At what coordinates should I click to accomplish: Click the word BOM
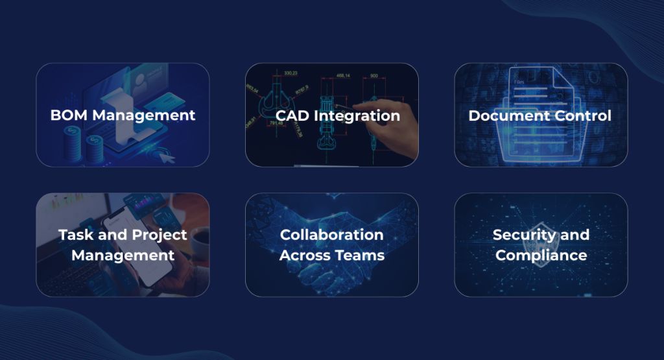tap(69, 115)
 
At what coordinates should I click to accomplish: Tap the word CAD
tap(292, 115)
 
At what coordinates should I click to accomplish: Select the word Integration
tap(357, 116)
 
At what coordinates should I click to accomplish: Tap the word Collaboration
tap(331, 235)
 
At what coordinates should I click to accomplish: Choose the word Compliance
tap(541, 256)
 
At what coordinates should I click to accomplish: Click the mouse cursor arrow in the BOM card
tap(167, 158)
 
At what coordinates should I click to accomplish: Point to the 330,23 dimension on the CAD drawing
tap(290, 73)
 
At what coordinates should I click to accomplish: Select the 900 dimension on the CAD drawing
tap(374, 76)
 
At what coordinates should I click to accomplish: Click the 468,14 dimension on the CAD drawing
tap(343, 76)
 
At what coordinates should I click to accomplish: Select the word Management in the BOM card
tap(144, 116)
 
